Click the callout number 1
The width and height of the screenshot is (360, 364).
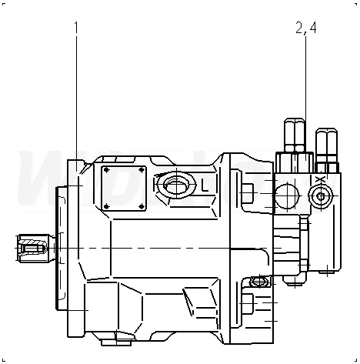pos(76,28)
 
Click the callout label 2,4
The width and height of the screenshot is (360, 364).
pos(306,28)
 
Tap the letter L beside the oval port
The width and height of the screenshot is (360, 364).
pos(205,185)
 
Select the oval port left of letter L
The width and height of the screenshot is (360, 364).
pos(177,185)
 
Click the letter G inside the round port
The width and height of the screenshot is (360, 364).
pos(321,197)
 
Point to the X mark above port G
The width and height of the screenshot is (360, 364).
pos(319,180)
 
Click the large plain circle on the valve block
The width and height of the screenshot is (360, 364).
pos(287,195)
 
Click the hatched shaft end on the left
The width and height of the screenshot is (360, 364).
pos(33,248)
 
